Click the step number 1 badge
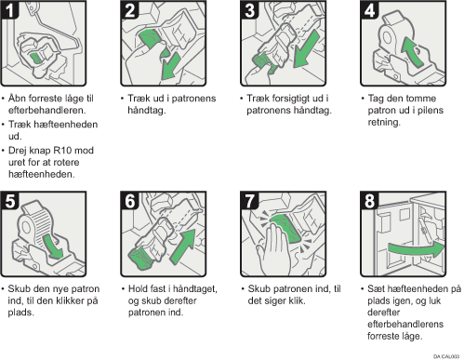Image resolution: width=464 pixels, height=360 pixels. pos(9,10)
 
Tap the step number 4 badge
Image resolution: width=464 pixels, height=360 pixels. pos(369,10)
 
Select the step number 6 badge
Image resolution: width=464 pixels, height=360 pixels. pos(129,201)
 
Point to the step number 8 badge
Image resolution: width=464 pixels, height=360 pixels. pos(369,201)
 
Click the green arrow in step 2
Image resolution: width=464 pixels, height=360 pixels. pos(170,67)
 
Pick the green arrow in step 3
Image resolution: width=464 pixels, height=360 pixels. pos(306,49)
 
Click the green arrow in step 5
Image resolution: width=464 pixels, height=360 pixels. pos(52,247)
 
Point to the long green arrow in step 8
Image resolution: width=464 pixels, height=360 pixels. pos(417,249)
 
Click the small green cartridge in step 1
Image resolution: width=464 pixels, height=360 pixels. pos(36,58)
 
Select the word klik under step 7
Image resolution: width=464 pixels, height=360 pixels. pos(296,300)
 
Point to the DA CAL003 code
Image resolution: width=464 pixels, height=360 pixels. pos(446,356)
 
